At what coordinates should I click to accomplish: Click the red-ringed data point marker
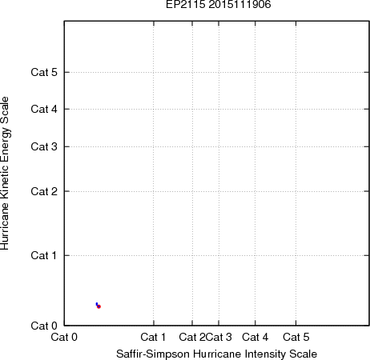tap(99, 306)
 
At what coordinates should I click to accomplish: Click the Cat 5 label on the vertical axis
tap(44, 72)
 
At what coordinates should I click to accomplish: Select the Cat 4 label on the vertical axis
tap(44, 109)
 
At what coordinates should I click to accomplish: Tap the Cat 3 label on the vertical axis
tap(44, 146)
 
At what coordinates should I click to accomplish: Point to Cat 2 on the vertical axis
tap(44, 191)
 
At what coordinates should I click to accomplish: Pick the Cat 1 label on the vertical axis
tap(44, 255)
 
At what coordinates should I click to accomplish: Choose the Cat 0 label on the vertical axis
tap(44, 326)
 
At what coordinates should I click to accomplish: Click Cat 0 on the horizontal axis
tap(64, 337)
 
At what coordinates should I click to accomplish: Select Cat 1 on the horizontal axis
tap(153, 337)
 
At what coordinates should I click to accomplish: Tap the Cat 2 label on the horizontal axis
tap(192, 337)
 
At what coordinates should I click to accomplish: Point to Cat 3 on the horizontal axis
tap(219, 337)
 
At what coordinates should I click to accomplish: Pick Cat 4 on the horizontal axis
tap(255, 337)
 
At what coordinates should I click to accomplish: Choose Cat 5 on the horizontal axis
tap(296, 337)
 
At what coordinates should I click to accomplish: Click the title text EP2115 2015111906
tap(219, 4)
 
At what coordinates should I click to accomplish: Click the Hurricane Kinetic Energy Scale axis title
tap(5, 173)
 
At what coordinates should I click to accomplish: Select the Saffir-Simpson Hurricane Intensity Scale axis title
tap(217, 354)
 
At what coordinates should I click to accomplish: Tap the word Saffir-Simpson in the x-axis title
tap(153, 354)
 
